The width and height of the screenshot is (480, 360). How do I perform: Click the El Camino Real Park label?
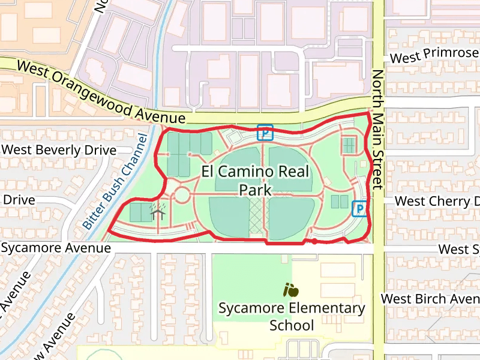click(x=256, y=180)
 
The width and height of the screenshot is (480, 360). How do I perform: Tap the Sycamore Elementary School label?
click(x=292, y=316)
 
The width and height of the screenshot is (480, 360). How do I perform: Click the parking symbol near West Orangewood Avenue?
click(x=265, y=132)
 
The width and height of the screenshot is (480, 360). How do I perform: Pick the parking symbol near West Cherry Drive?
click(x=359, y=208)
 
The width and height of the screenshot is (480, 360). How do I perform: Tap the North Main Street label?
click(x=377, y=130)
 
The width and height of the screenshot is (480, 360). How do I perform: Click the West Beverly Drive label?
click(x=59, y=149)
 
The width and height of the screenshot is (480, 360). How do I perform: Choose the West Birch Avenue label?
click(x=430, y=298)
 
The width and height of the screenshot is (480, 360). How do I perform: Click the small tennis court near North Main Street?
click(x=349, y=145)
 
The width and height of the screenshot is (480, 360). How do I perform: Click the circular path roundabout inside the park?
click(x=182, y=195)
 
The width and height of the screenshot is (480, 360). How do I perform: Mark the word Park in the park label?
click(x=256, y=190)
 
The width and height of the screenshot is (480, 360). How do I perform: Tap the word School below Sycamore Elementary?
click(x=292, y=325)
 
